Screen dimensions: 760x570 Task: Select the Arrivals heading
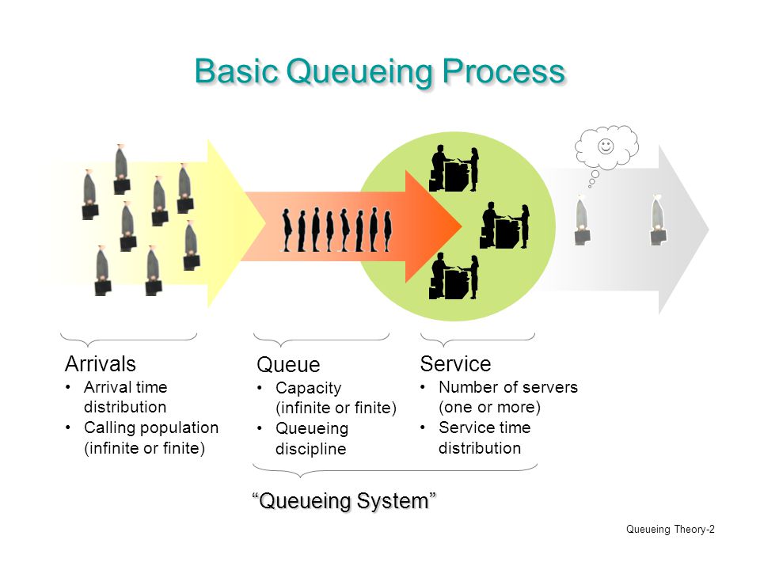[x=101, y=363]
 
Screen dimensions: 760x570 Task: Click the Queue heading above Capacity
[x=288, y=364]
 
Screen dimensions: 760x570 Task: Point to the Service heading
[x=456, y=363]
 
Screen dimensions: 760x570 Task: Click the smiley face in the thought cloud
[x=606, y=146]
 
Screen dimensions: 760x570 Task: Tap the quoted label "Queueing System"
[x=344, y=500]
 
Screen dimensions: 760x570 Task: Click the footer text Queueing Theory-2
[x=671, y=530]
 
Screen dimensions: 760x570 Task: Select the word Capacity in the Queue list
[x=308, y=388]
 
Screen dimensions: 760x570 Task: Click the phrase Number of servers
[x=508, y=387]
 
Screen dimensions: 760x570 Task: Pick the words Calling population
[x=151, y=428]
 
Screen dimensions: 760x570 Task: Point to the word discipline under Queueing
[x=310, y=448]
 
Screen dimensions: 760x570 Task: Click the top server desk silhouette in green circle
[x=454, y=169]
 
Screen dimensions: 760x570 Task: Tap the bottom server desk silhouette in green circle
[x=454, y=276]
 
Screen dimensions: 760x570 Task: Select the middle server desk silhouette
[x=504, y=226]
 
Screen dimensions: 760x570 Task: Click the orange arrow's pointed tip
[x=461, y=226]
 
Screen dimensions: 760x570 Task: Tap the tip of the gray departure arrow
[x=708, y=230]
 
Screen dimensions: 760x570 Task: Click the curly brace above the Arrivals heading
[x=128, y=339]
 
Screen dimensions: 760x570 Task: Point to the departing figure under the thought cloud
[x=582, y=221]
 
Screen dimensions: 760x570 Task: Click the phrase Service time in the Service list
[x=484, y=427]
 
